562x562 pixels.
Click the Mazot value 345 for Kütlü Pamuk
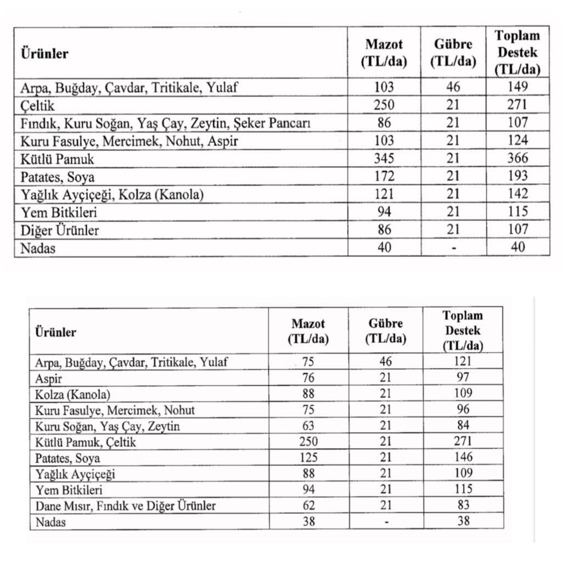click(384, 159)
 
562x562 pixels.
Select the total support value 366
click(518, 159)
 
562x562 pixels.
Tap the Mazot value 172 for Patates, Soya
click(384, 176)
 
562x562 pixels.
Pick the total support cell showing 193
click(518, 176)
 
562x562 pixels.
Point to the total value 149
click(518, 87)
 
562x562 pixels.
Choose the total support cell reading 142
click(518, 194)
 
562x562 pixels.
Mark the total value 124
click(518, 140)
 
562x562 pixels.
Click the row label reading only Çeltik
click(37, 105)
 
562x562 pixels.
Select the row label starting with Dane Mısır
click(125, 505)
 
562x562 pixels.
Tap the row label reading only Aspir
click(49, 379)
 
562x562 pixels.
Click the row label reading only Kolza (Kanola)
click(72, 395)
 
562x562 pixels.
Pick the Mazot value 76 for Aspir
click(308, 378)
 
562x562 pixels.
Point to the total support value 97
click(463, 378)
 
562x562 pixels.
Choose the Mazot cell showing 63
click(308, 426)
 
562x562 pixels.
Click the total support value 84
click(463, 426)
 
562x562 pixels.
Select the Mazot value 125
click(308, 457)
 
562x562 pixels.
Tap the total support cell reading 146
click(463, 457)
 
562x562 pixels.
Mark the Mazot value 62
click(308, 505)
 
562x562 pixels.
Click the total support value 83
click(463, 505)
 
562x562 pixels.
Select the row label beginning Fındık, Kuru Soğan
click(166, 123)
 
